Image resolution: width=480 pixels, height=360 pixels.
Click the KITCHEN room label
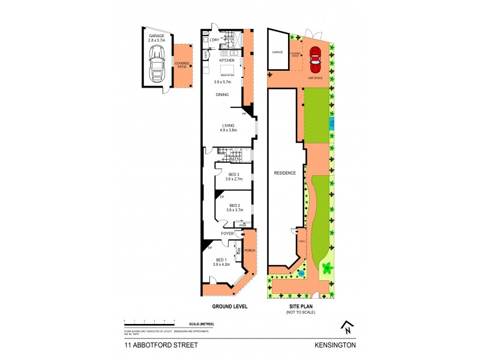click(226, 61)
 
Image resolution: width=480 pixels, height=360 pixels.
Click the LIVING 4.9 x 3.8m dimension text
click(228, 130)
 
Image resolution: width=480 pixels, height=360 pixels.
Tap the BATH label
click(234, 159)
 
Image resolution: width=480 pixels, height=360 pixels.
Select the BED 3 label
click(234, 174)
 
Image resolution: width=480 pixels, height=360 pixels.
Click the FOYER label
click(227, 233)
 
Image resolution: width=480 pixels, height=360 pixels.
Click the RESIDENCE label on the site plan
click(285, 173)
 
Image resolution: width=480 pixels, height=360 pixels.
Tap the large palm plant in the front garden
click(326, 269)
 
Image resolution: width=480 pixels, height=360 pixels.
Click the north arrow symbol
click(347, 327)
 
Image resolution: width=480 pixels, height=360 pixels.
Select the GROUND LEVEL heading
click(230, 305)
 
